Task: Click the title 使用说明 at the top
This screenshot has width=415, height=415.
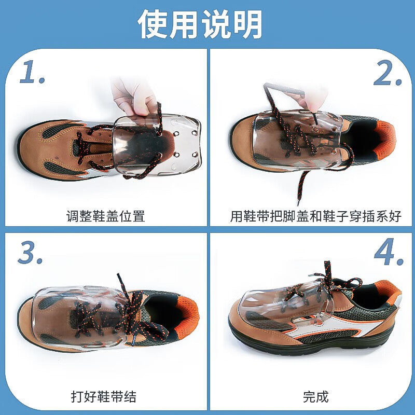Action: coord(200,24)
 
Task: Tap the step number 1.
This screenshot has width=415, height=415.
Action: coord(32,72)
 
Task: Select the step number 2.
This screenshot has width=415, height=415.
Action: coord(387,73)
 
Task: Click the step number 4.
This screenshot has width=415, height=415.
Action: coord(389,252)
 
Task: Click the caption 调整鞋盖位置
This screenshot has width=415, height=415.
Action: coord(106,216)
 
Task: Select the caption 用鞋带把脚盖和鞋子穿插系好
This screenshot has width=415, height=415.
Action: coord(315,216)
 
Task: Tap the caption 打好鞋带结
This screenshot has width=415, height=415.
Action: coord(103,397)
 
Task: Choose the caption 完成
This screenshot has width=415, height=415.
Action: coord(315,397)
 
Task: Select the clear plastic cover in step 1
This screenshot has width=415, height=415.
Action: coord(157,145)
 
